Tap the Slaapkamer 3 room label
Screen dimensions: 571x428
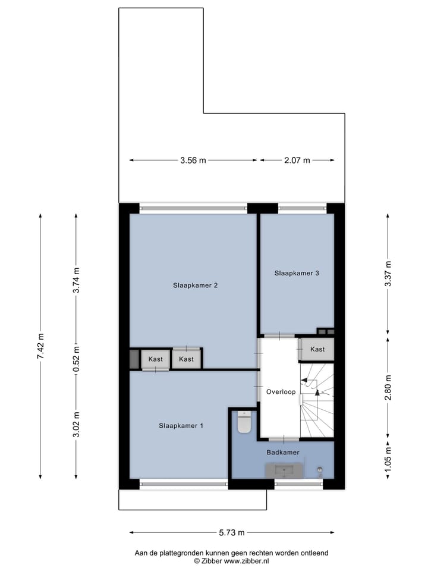point(297,273)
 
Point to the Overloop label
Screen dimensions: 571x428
point(281,391)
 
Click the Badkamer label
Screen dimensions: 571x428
point(282,452)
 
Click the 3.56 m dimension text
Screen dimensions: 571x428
point(193,160)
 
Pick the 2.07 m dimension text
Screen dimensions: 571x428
point(297,160)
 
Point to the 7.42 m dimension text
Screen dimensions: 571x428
point(40,345)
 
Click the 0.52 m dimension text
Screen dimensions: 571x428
point(76,359)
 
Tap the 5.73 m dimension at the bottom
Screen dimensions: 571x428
point(231,532)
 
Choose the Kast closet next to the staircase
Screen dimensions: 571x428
point(317,349)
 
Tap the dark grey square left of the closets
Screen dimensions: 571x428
point(134,359)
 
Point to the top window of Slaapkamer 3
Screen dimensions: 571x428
point(302,208)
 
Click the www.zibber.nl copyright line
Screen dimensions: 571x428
point(231,560)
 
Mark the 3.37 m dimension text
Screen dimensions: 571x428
point(388,274)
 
